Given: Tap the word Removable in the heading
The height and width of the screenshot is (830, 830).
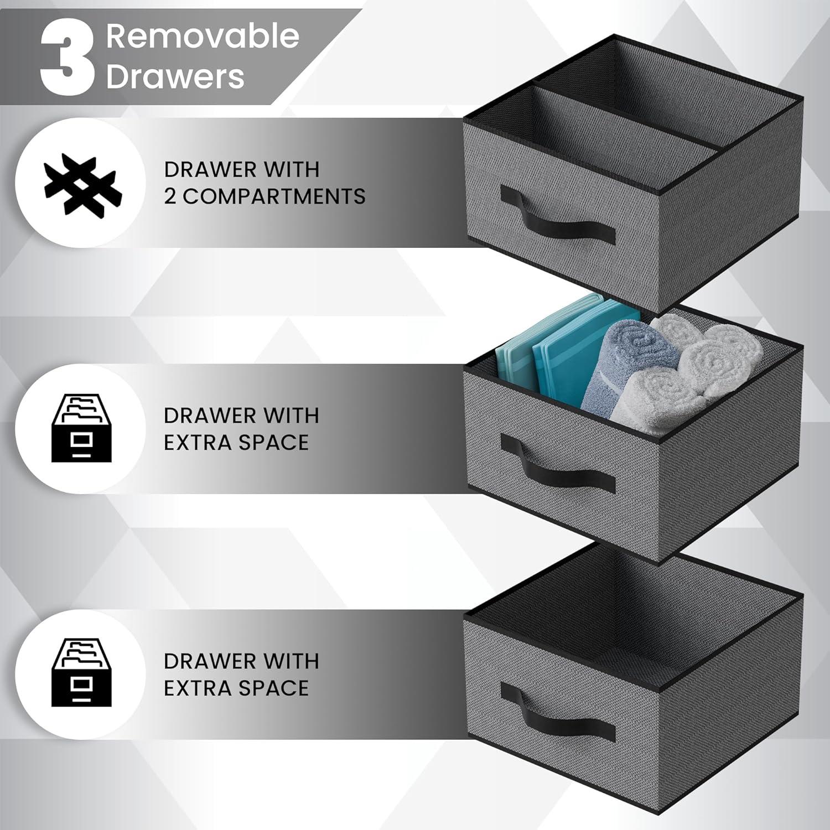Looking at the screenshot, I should [203, 37].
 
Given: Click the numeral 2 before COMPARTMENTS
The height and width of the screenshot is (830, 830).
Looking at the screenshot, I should [170, 196].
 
